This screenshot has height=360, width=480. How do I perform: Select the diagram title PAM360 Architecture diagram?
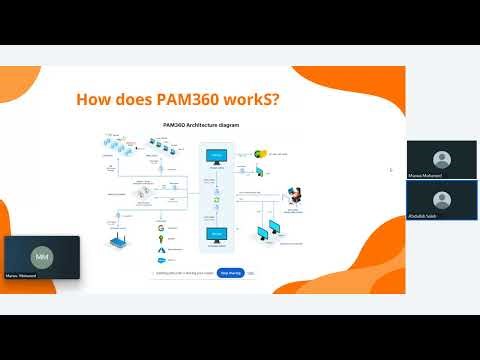pyautogui.click(x=200, y=125)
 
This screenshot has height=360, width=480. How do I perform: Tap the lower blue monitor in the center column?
pyautogui.click(x=216, y=234)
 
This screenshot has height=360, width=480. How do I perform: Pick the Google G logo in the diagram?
pyautogui.click(x=159, y=229)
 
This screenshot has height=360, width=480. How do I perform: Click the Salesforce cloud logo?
pyautogui.click(x=159, y=258)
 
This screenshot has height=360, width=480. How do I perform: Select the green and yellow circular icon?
pyautogui.click(x=257, y=154)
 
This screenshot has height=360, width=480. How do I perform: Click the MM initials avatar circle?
pyautogui.click(x=41, y=256)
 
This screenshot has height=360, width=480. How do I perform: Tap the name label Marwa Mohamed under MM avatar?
pyautogui.click(x=22, y=275)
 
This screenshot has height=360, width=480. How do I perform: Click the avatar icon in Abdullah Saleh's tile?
pyautogui.click(x=441, y=197)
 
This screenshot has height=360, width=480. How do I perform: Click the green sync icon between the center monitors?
pyautogui.click(x=216, y=199)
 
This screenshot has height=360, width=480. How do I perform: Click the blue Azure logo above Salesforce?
pyautogui.click(x=159, y=249)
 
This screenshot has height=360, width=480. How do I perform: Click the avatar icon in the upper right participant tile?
pyautogui.click(x=441, y=158)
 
